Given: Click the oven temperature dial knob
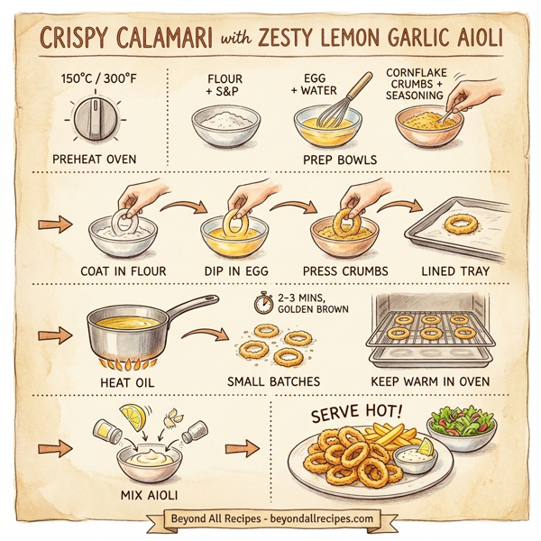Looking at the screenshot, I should point(91,120).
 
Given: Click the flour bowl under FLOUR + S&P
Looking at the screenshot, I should point(225,128).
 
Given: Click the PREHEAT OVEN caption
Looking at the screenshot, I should point(94,160).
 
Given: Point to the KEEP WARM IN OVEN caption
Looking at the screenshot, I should point(430,381).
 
